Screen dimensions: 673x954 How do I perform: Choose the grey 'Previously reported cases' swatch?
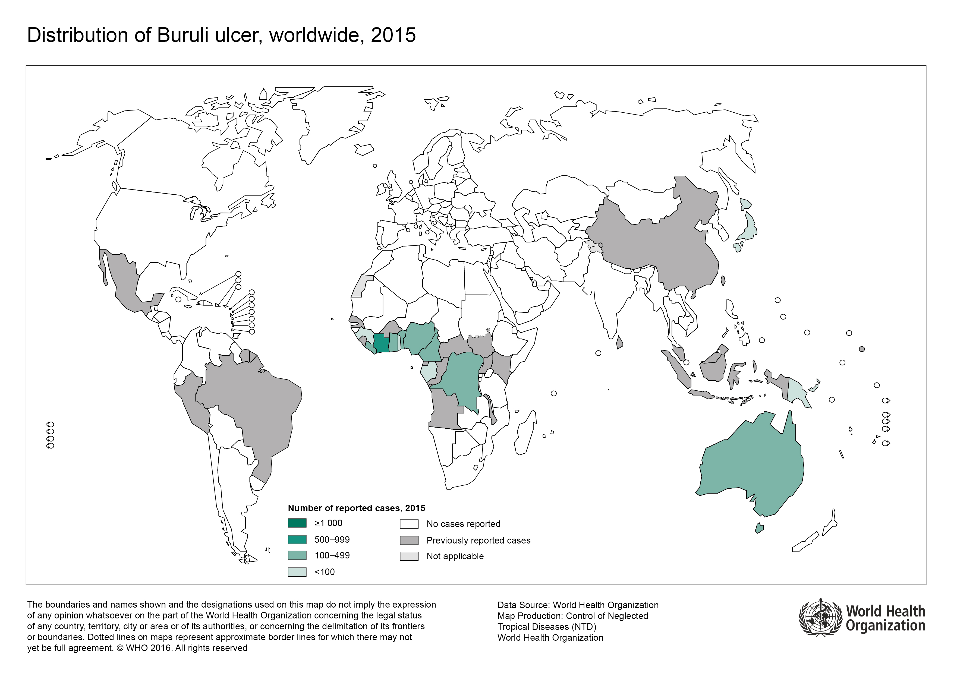tap(409, 540)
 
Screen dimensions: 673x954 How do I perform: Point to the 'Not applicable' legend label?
tap(455, 556)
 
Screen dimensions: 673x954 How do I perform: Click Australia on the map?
tap(752, 465)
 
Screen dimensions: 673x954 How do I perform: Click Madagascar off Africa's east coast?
tap(524, 434)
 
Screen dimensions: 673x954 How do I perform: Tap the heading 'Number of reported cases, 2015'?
tap(356, 508)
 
